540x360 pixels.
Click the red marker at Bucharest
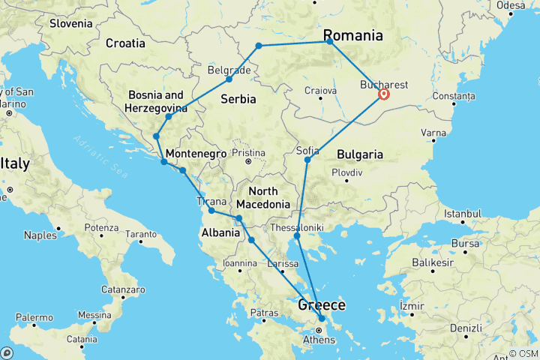coord(384,94)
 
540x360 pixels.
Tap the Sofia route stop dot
coord(307,160)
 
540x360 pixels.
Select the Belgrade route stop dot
coord(229,79)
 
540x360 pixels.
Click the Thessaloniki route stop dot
coord(297,236)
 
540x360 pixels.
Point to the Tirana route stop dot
coord(211,211)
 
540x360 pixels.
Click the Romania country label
coord(352,35)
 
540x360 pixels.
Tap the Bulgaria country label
coord(360,154)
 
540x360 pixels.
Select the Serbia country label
coord(238,99)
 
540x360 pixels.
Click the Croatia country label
coord(125,43)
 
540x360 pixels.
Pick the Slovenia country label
coord(70,23)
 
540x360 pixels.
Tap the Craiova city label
coord(320,91)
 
